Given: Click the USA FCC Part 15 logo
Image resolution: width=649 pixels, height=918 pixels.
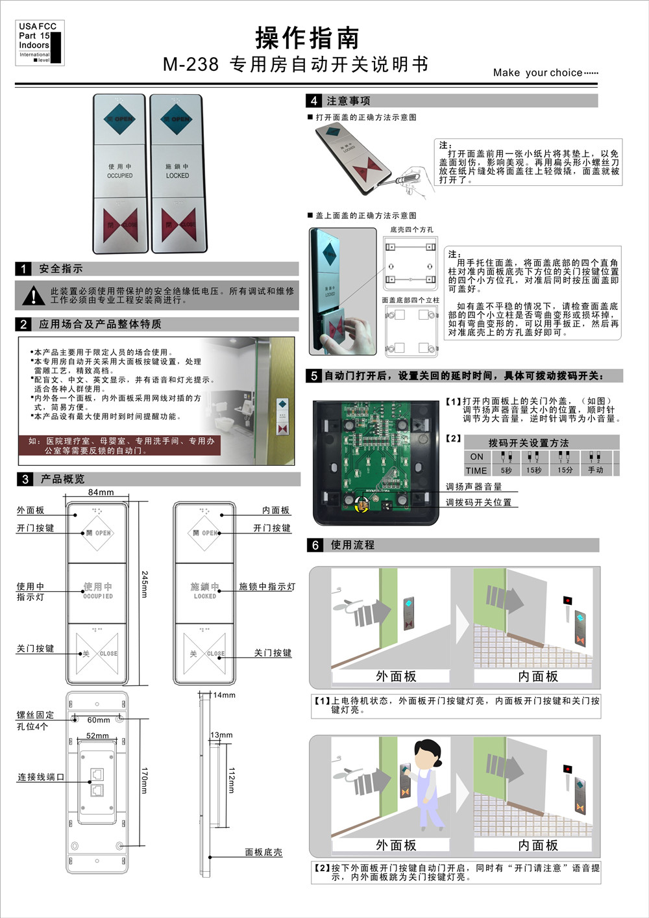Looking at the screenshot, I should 40,43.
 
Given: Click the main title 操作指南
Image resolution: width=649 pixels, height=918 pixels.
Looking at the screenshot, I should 307,38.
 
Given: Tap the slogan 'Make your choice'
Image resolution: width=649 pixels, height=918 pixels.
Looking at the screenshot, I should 545,73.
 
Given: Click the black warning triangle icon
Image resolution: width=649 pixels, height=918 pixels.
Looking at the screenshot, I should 32,296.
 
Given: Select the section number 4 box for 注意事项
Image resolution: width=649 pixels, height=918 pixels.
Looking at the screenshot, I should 314,101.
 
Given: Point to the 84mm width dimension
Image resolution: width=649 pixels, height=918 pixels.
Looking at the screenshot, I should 101,492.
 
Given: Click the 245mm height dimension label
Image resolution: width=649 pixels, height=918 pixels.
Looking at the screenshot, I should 145,584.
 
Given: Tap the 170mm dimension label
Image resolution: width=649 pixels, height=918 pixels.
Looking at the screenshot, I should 145,780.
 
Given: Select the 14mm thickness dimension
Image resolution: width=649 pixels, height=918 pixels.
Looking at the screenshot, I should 225,695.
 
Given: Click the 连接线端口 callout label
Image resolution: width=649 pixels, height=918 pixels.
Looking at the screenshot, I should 40,777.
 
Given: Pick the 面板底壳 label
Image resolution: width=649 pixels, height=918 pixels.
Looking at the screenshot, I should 263,852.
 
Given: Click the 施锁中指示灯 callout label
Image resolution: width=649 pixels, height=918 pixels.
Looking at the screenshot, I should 267,587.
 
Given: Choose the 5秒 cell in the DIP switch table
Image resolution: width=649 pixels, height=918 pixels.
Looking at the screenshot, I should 506,470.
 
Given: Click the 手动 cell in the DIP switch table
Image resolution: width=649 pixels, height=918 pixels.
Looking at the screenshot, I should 595,470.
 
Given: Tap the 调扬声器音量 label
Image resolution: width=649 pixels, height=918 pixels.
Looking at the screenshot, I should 473,487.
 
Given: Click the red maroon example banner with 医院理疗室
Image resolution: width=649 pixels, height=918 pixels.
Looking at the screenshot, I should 120,445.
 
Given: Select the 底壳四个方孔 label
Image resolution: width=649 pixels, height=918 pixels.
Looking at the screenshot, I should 411,230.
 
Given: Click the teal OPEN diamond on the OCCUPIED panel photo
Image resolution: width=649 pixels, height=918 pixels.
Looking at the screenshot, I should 120,120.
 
